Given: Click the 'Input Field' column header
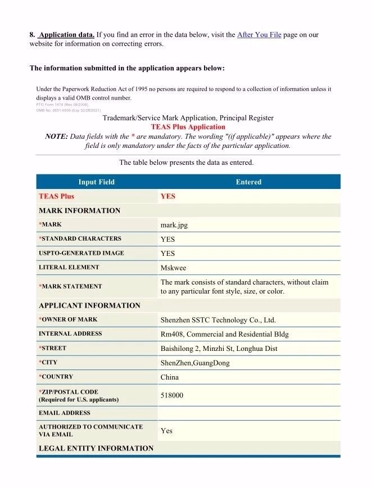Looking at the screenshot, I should click(x=97, y=182).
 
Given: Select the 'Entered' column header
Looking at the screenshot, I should click(x=248, y=182).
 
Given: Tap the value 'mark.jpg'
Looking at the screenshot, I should click(x=174, y=224).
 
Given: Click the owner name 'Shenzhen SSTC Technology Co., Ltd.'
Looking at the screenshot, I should click(x=218, y=320).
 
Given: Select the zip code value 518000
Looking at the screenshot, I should click(x=172, y=395).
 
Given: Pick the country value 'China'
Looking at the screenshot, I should click(x=170, y=377).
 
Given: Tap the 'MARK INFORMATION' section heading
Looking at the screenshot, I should click(x=79, y=211).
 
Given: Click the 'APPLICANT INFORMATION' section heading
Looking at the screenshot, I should click(x=89, y=305).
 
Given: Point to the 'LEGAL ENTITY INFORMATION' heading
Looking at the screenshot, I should click(x=96, y=448).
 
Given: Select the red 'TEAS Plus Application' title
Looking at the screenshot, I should click(x=188, y=127).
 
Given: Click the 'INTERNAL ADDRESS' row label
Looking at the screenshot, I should click(x=70, y=333).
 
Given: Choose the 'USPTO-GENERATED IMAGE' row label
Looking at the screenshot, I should click(x=81, y=253).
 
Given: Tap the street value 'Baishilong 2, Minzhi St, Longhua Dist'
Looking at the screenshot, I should click(x=219, y=349).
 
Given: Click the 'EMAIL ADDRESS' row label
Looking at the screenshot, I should click(x=64, y=413).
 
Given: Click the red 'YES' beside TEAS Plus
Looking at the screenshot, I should click(x=168, y=196).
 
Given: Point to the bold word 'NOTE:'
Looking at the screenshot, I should click(x=56, y=137).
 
